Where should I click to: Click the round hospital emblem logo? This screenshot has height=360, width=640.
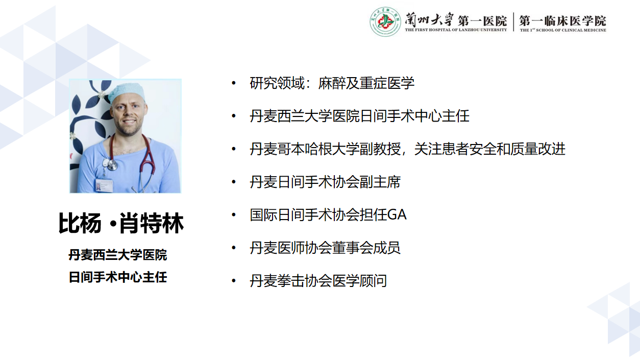[385, 21]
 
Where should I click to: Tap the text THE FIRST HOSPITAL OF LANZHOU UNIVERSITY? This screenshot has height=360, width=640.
[456, 30]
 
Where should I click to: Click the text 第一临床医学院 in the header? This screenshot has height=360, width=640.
[562, 20]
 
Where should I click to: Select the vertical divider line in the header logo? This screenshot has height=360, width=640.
[513, 22]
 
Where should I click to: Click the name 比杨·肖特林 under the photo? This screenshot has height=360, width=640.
[121, 223]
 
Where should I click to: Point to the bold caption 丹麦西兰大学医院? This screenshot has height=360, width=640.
[118, 255]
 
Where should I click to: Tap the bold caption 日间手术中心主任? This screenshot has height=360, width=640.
[118, 277]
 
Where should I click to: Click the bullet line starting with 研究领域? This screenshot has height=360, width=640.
[332, 83]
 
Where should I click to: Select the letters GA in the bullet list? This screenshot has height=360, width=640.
[397, 215]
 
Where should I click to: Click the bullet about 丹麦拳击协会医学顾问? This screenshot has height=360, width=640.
[318, 280]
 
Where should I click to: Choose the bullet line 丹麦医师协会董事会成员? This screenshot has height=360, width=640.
[325, 248]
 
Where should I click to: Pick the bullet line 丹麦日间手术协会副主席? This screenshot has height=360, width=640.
[325, 182]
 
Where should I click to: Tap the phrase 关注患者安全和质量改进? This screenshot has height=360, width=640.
[490, 149]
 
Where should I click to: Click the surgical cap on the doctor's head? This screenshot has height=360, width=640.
[126, 91]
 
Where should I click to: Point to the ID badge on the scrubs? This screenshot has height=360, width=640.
[104, 186]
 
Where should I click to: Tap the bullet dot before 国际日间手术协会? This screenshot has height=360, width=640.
[234, 215]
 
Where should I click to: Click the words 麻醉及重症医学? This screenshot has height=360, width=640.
[366, 83]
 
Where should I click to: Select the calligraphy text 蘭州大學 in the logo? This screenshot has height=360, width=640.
[429, 19]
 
